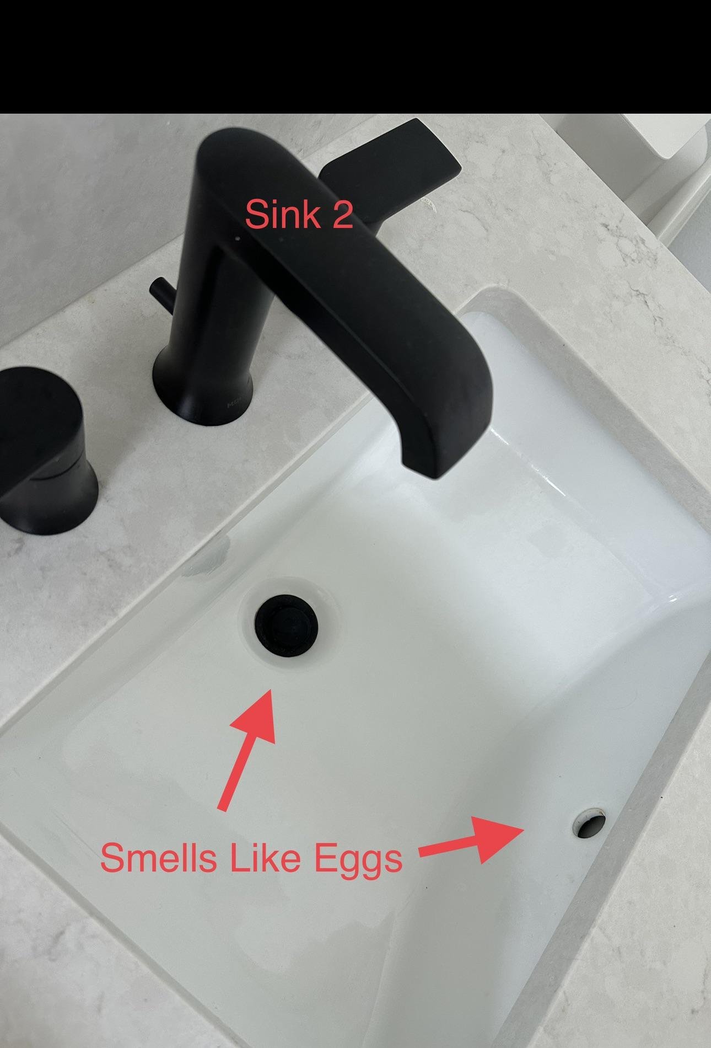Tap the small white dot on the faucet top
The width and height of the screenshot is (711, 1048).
pos(238,239)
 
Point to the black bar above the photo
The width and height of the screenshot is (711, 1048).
pos(355,57)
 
